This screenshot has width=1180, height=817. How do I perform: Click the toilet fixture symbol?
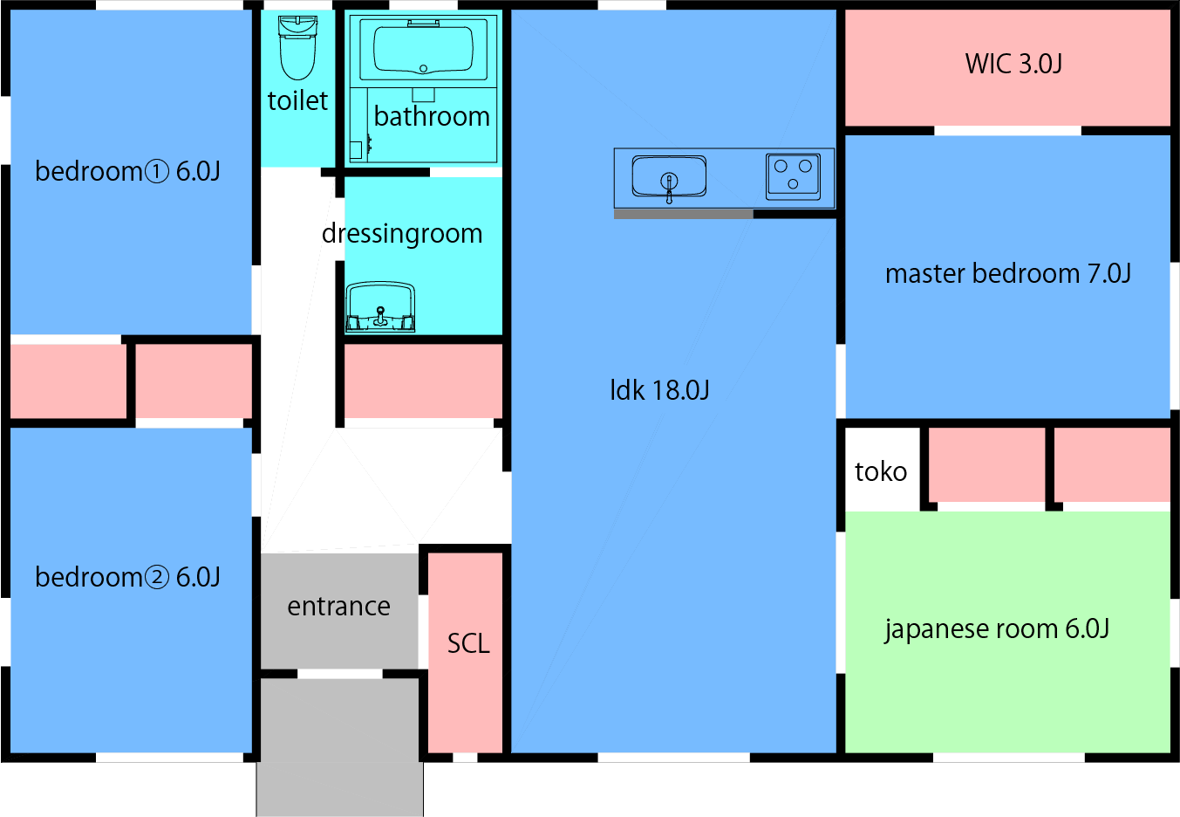(297, 48)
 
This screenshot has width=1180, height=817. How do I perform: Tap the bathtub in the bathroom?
(423, 48)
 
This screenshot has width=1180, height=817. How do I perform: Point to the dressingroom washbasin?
(380, 307)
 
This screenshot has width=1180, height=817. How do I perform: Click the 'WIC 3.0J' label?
(1013, 64)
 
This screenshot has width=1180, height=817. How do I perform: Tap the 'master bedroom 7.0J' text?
(1007, 274)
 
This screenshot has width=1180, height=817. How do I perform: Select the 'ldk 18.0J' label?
(659, 390)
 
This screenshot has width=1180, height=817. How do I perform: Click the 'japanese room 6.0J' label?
(997, 629)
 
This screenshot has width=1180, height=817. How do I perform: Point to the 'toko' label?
(881, 472)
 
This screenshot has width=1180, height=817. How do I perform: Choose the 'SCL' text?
(468, 644)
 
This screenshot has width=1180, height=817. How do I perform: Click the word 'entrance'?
(338, 607)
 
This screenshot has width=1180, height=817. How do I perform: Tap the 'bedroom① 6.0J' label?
(127, 172)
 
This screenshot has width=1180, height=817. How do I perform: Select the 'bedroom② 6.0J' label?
(127, 578)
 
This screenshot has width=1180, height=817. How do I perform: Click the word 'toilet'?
(297, 101)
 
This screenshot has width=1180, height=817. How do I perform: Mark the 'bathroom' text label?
(432, 117)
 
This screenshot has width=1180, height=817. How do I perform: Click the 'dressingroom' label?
(402, 234)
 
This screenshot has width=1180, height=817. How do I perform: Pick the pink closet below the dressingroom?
(423, 381)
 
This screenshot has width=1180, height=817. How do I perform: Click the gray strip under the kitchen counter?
(683, 214)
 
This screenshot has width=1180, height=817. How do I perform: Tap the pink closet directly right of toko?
(986, 464)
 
